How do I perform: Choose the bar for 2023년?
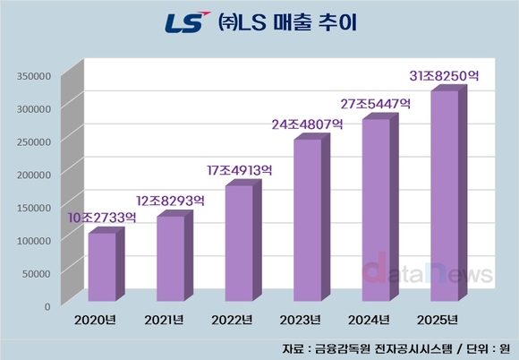pyautogui.click(x=306, y=220)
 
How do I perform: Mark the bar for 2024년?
pyautogui.click(x=375, y=210)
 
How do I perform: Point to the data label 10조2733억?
pyautogui.click(x=102, y=217)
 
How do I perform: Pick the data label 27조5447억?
pyautogui.click(x=376, y=104)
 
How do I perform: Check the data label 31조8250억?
pyautogui.click(x=445, y=77)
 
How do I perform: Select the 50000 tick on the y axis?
pyautogui.click(x=37, y=272)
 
